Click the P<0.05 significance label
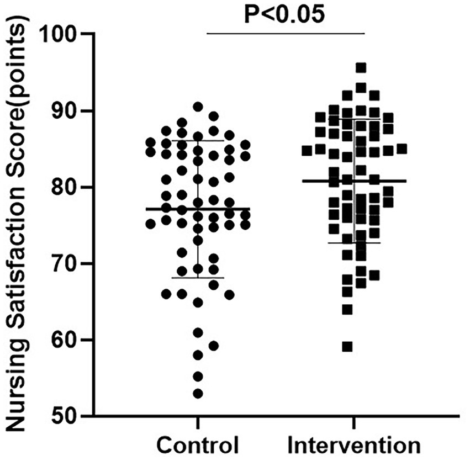(x=285, y=14)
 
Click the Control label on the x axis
(x=198, y=446)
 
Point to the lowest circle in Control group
(x=198, y=394)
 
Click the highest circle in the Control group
(x=198, y=107)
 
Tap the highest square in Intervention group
(x=361, y=68)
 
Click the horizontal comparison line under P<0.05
(x=285, y=34)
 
